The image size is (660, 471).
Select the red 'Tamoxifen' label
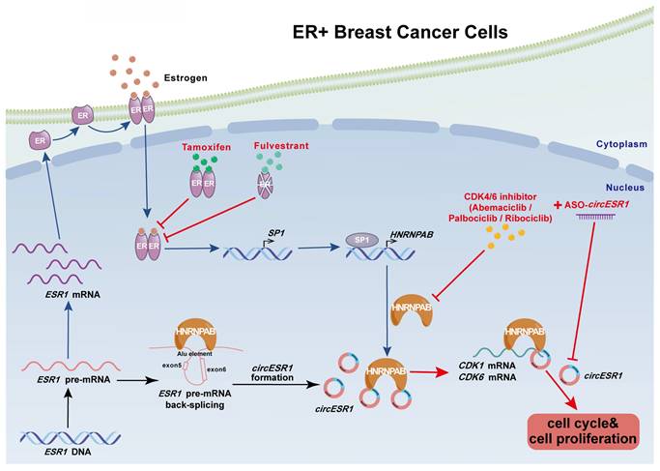[x=204, y=149]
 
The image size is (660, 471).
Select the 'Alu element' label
[x=198, y=356]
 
